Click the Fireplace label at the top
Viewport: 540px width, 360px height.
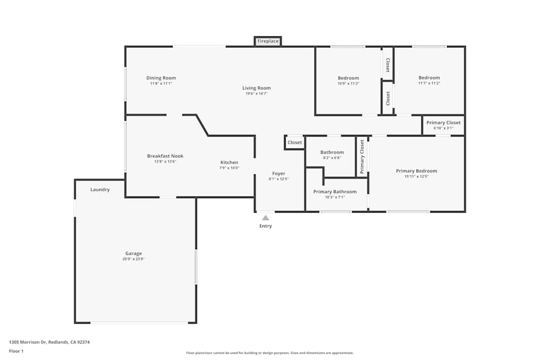click(268, 41)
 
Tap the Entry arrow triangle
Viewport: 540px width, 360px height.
click(265, 218)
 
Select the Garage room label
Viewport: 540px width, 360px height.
click(133, 254)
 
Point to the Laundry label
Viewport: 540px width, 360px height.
click(100, 189)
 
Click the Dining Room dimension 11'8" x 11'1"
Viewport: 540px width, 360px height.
click(161, 84)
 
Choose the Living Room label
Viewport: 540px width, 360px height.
click(256, 88)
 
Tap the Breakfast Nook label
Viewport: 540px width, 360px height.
click(165, 156)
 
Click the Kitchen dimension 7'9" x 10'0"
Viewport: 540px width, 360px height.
click(229, 168)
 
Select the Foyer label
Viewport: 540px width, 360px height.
click(278, 173)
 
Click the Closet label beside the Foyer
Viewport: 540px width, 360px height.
click(295, 142)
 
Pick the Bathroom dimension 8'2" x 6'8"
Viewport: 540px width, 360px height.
click(332, 158)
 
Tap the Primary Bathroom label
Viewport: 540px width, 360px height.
click(335, 192)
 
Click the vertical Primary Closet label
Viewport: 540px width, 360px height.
click(362, 157)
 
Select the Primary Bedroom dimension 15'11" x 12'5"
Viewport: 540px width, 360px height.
click(416, 176)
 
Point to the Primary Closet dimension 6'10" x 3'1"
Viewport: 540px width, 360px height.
click(443, 128)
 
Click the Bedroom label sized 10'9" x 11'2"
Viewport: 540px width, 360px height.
click(348, 78)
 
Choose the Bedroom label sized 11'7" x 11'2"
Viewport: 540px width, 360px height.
click(429, 78)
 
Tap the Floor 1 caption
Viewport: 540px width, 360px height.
click(16, 351)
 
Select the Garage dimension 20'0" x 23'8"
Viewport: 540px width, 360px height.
click(133, 259)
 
